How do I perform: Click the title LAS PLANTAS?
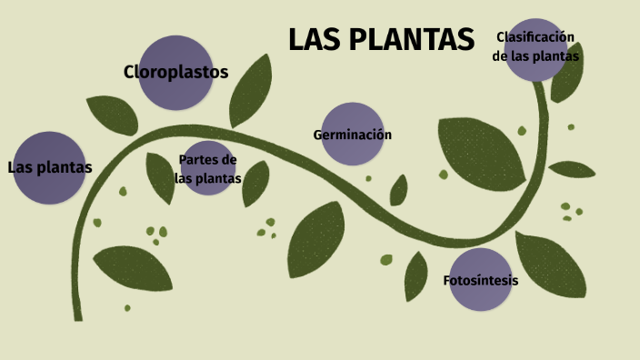pos(381,40)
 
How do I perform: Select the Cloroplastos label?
pos(175,72)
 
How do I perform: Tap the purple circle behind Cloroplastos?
pos(175,91)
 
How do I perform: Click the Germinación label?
pos(352,135)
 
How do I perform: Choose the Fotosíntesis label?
pos(480,280)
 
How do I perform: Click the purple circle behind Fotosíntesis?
pos(480,296)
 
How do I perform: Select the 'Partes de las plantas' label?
pos(208,169)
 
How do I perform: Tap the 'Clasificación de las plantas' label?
pos(535,45)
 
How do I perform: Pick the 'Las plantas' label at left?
pos(50,167)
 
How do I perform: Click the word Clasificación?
pos(535,36)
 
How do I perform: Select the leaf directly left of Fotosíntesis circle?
pos(416,276)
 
